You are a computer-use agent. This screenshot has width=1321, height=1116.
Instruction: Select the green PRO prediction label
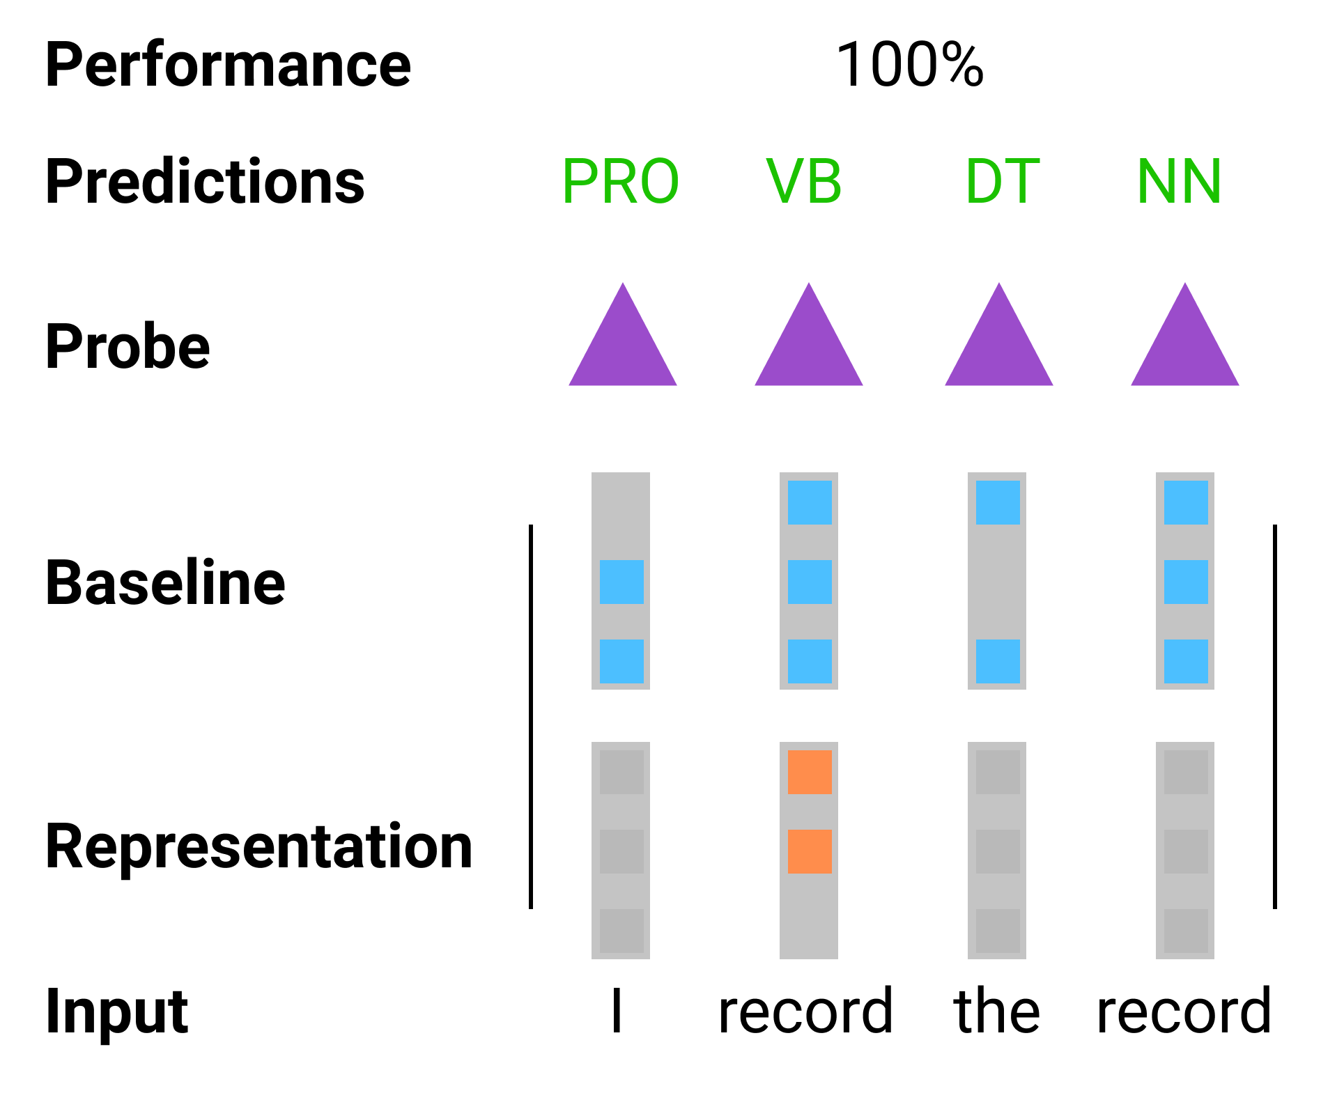coord(620,182)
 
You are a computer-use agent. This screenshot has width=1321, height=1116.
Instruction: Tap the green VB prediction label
coord(804,182)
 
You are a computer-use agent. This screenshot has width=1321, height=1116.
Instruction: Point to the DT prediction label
coord(1002,182)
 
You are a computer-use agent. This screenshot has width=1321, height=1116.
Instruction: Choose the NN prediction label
coord(1179,182)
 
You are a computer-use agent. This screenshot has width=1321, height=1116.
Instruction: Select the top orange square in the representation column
coord(810,772)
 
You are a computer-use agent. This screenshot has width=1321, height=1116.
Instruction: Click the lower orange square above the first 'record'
coord(810,851)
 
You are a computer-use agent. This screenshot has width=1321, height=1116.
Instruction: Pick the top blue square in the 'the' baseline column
coord(998,502)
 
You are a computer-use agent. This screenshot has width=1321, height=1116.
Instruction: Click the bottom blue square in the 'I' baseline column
coord(621,661)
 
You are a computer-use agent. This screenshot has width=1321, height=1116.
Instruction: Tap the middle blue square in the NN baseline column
coord(1186,582)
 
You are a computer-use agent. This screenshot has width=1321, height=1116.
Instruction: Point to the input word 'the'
coord(996,1012)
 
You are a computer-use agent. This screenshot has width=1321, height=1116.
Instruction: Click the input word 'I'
coord(616,1012)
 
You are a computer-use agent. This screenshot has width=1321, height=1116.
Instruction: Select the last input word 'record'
coord(1183,1012)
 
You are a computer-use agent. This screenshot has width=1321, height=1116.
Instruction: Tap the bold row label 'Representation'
coord(258,846)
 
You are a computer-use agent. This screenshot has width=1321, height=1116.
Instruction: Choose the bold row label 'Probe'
coord(128,346)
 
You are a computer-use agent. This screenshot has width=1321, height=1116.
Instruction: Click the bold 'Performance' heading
coord(228,65)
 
